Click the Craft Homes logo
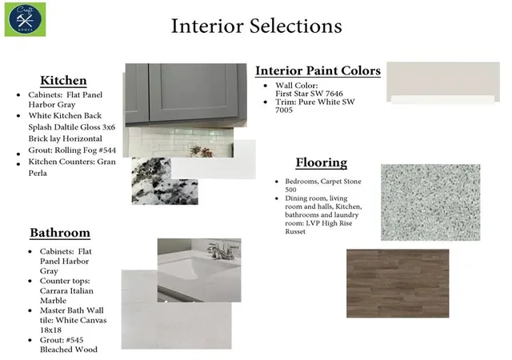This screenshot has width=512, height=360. (x=25, y=20)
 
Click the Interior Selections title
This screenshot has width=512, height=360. (x=256, y=26)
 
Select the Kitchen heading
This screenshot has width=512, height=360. (x=63, y=80)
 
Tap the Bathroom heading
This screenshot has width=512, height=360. (x=60, y=233)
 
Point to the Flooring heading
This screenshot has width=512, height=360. (x=322, y=162)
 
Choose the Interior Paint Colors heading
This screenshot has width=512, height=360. (x=318, y=70)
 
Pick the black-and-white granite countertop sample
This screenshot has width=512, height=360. (x=165, y=182)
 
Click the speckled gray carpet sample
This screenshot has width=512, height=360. (x=430, y=202)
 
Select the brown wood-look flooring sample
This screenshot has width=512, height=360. (x=398, y=283)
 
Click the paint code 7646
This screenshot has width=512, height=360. (x=334, y=94)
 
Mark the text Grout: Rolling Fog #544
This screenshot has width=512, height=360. (x=72, y=150)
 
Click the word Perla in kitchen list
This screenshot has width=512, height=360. (x=38, y=173)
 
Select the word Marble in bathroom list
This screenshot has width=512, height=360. (x=53, y=301)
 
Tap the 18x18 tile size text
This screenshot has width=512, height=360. (x=50, y=330)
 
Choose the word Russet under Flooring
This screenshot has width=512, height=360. (x=295, y=232)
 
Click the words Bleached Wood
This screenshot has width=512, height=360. (x=69, y=350)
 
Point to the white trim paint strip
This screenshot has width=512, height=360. (x=442, y=99)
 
